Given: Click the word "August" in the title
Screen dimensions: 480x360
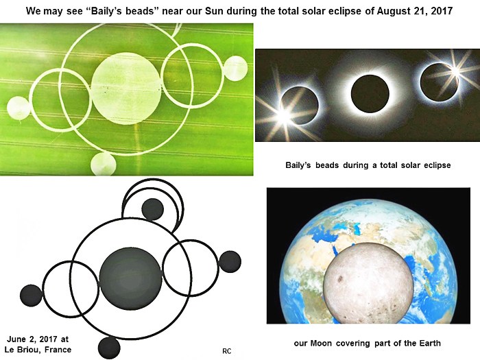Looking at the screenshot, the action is point(392,12).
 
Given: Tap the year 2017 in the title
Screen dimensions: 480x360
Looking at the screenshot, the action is point(442,11).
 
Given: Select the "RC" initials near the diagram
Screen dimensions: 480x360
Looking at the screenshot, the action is point(227,351).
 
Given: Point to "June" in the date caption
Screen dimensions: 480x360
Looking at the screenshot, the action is point(16,339).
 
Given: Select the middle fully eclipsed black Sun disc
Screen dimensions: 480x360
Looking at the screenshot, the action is point(370,94).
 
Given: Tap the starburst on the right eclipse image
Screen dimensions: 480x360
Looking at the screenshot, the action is point(455,71).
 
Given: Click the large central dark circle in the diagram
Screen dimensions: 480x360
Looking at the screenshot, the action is point(130,278).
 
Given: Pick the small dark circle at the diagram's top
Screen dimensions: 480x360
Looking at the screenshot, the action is point(152,209).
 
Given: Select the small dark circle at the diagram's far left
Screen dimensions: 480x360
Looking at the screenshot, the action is point(32,296).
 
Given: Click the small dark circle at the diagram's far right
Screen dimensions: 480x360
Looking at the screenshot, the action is point(230,262).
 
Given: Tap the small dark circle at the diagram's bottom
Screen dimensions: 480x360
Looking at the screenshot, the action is point(109,348).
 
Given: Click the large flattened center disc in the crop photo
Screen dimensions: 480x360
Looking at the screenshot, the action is point(126,88).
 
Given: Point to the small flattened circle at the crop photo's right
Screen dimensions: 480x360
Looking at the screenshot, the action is point(235,69).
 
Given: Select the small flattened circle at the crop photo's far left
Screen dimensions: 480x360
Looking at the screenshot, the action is point(19,108).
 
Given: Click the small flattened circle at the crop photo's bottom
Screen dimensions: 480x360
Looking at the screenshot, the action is point(104,164).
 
